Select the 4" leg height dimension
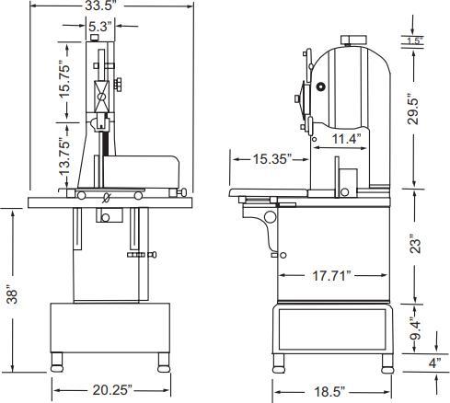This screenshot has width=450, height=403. click(433, 362)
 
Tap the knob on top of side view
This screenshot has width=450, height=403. click(351, 39)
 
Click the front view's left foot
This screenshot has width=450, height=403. click(61, 361)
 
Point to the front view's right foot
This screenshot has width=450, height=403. click(164, 361)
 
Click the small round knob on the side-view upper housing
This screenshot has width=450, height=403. click(321, 86)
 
